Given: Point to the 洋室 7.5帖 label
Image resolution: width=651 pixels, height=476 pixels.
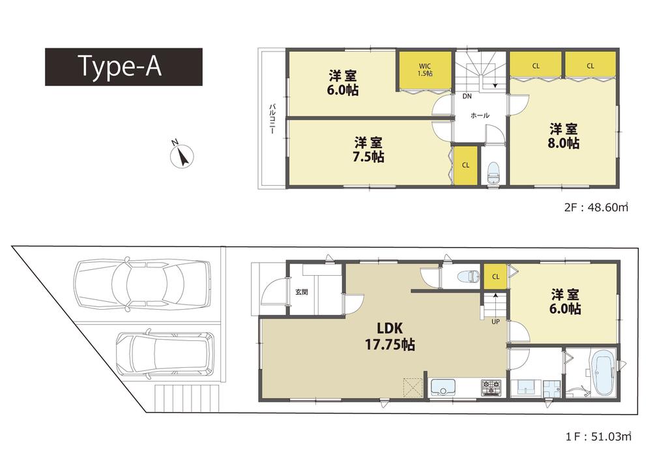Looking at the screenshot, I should (x=369, y=149).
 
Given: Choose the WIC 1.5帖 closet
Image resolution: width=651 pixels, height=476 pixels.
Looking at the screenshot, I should (x=425, y=70).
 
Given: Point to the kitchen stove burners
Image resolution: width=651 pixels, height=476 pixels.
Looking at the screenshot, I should (x=490, y=388).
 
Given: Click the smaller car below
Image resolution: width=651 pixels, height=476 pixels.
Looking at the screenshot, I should (x=166, y=356).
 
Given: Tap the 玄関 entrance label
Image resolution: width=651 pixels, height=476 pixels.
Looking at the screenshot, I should (x=301, y=292).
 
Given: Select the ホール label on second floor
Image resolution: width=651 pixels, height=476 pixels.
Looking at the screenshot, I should (x=479, y=115).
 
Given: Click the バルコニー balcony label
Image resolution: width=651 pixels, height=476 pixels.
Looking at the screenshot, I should (x=270, y=119).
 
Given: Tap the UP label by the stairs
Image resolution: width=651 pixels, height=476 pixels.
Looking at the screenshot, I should (x=496, y=320).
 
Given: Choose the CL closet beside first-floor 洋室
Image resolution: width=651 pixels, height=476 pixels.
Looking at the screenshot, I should (x=495, y=276).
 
